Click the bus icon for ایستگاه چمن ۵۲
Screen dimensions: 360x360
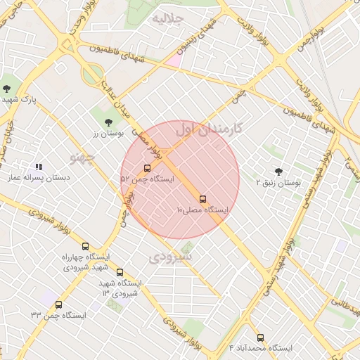pyautogui.click(x=147, y=168)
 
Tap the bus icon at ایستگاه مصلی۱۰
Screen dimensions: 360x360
pyautogui.click(x=203, y=199)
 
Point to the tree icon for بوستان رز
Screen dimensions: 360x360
pyautogui.click(x=108, y=122)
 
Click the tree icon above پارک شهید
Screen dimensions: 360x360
pyautogui.click(x=6, y=89)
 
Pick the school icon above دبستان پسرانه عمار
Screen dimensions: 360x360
pyautogui.click(x=38, y=167)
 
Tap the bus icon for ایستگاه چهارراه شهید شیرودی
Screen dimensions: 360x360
pyautogui.click(x=85, y=246)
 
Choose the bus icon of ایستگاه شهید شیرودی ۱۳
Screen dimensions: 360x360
pyautogui.click(x=120, y=272)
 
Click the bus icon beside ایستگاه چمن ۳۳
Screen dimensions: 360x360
pyautogui.click(x=58, y=304)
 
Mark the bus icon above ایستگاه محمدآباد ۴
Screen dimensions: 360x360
pyautogui.click(x=261, y=337)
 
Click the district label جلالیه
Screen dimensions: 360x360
pyautogui.click(x=168, y=17)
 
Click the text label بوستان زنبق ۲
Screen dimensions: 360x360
pyautogui.click(x=278, y=182)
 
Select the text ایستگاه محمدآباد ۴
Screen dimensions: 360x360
pyautogui.click(x=261, y=349)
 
